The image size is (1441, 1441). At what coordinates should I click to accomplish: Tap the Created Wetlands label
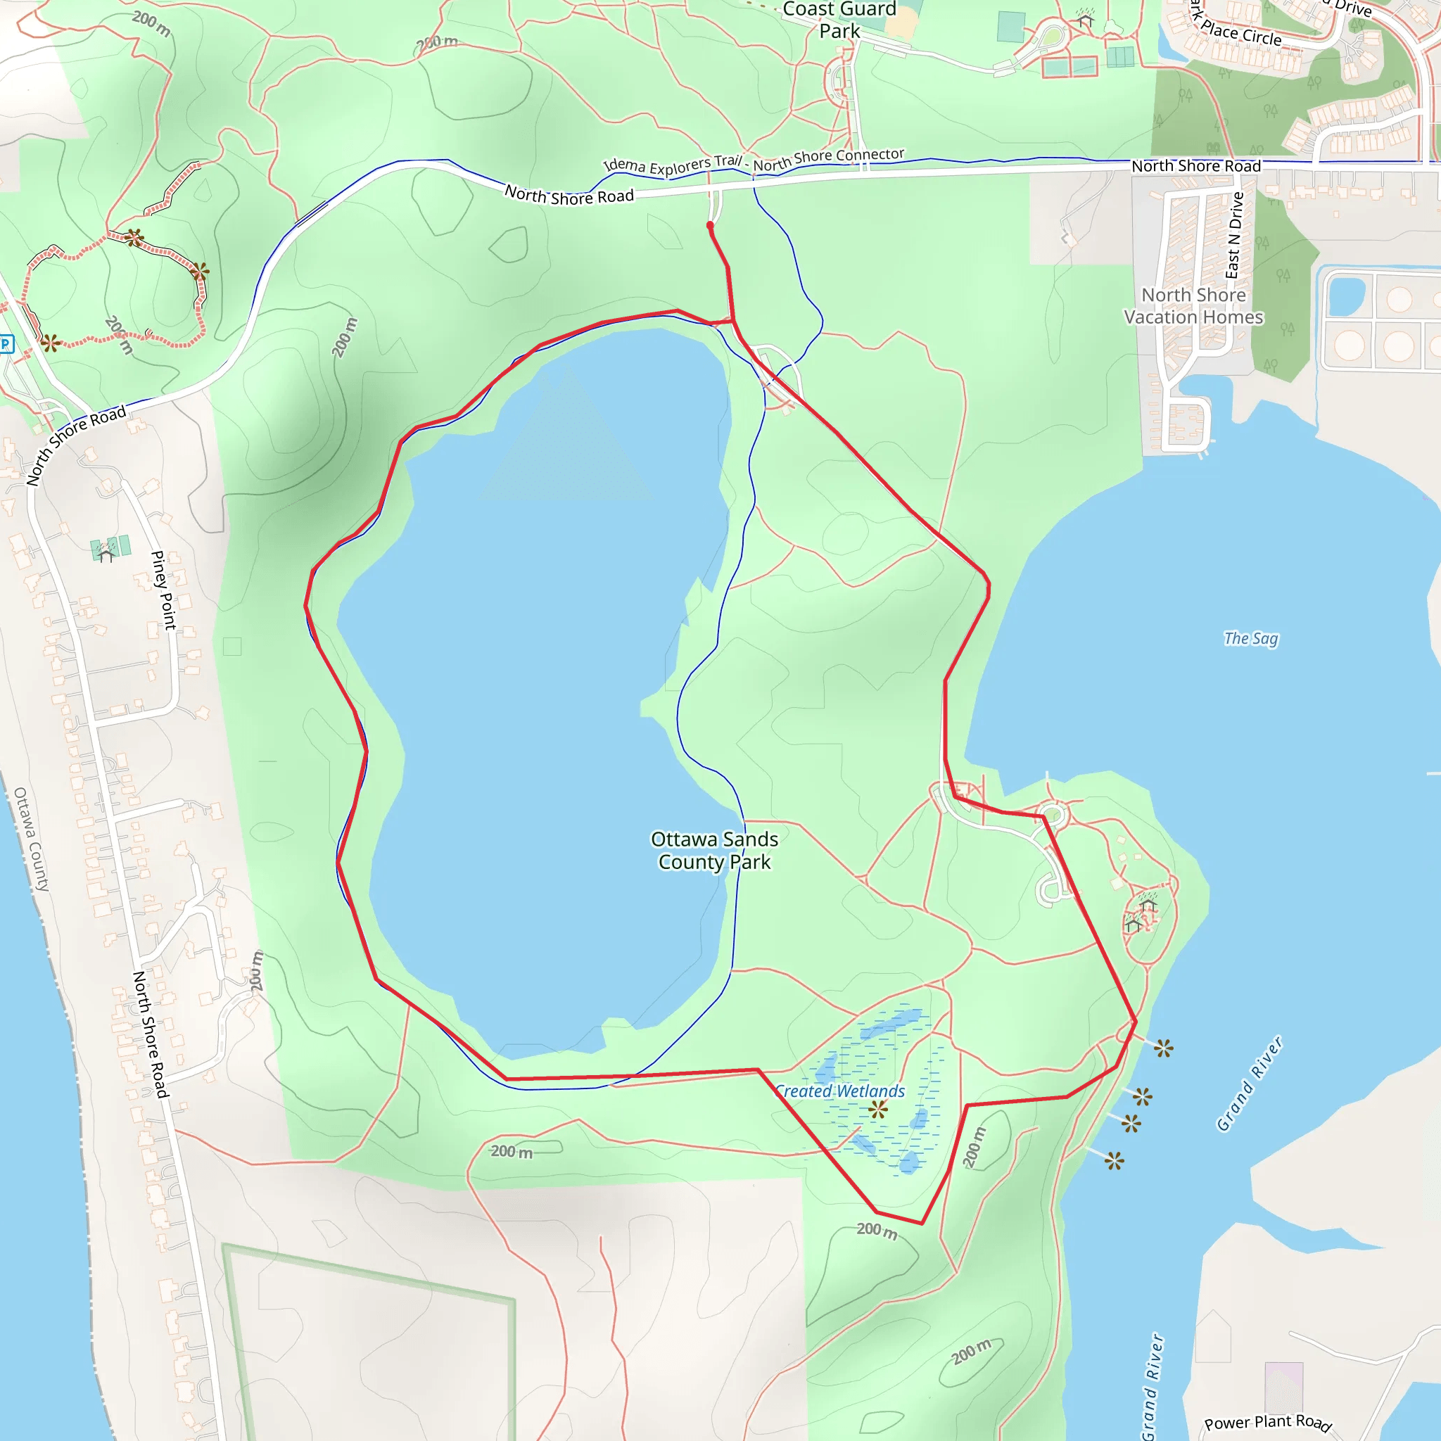[840, 1091]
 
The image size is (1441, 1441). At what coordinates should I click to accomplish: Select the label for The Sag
[1251, 638]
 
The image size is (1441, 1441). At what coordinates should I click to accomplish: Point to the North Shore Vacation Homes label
[1193, 306]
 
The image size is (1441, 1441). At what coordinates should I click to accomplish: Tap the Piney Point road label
[163, 590]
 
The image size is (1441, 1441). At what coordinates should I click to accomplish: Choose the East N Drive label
[1235, 235]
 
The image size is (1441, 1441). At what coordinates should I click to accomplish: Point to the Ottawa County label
[32, 839]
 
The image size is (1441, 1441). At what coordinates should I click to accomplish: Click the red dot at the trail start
[710, 225]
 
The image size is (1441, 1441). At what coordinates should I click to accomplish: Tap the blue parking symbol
[6, 344]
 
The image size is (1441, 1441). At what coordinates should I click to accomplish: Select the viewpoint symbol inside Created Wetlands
[878, 1109]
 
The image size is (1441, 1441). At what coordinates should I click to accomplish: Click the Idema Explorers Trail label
[673, 165]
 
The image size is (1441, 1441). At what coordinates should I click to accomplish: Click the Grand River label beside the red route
[1250, 1083]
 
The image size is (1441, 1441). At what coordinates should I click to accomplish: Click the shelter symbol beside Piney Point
[106, 554]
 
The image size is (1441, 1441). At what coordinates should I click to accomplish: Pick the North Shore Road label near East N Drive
[1195, 166]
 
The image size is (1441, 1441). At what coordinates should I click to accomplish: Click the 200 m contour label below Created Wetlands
[877, 1230]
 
